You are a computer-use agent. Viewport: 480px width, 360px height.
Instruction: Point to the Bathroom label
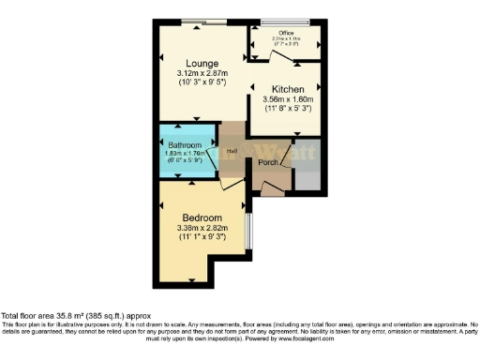click(x=185, y=145)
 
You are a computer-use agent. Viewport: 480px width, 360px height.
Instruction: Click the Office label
click(x=286, y=33)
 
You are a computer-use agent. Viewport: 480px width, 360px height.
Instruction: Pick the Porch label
click(x=268, y=162)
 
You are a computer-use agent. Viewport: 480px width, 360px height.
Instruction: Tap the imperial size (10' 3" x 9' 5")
click(x=202, y=82)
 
